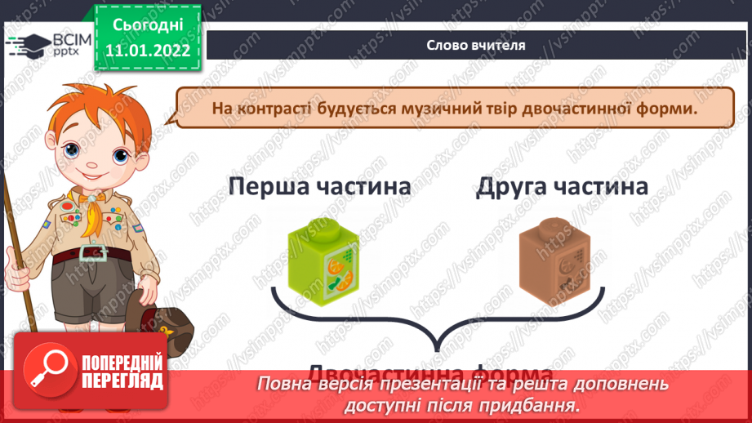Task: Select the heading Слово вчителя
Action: coord(474,46)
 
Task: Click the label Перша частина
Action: coord(319,187)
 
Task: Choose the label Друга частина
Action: coord(562,187)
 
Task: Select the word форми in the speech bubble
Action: coord(670,109)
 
